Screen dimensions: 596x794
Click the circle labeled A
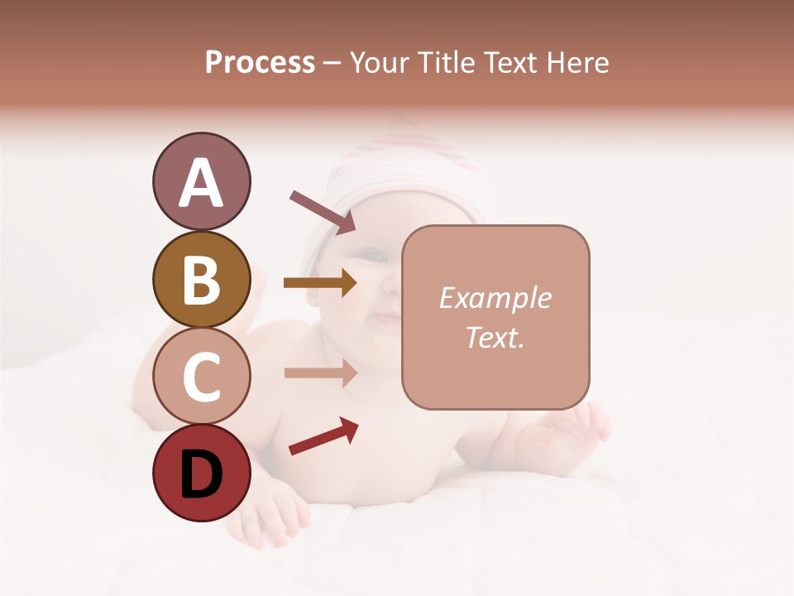coord(201,181)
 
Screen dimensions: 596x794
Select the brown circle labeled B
coord(201,279)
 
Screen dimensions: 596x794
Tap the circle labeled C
coord(201,376)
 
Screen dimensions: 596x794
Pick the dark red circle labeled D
coord(201,473)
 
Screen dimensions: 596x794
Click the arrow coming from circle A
coord(323,211)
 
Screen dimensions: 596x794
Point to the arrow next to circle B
coord(320,283)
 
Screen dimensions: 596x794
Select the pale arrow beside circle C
coord(320,372)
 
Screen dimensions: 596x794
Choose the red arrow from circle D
coord(323,436)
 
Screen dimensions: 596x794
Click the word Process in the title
coord(260,62)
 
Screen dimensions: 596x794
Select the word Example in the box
coord(495,298)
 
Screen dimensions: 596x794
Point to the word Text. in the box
coord(495,337)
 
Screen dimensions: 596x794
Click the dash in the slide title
coord(332,64)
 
